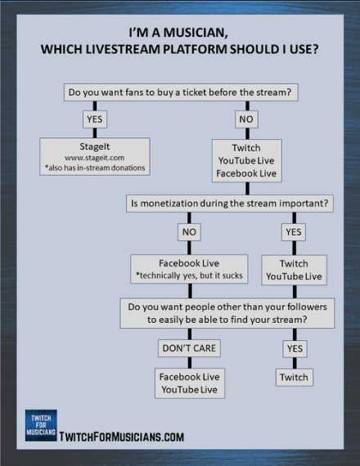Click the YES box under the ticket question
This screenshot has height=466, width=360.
pyautogui.click(x=95, y=119)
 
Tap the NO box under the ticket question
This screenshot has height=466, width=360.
pyautogui.click(x=246, y=119)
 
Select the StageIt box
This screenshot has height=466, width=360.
pyautogui.click(x=95, y=156)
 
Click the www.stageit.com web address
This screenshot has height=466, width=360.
pyautogui.click(x=95, y=158)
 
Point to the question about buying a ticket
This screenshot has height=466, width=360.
pyautogui.click(x=181, y=92)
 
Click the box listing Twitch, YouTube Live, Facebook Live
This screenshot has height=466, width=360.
pyautogui.click(x=246, y=160)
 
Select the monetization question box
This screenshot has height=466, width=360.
pyautogui.click(x=230, y=204)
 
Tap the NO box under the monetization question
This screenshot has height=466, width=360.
pyautogui.click(x=189, y=232)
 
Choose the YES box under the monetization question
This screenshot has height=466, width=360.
pyautogui.click(x=294, y=232)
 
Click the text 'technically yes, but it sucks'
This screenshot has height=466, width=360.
pyautogui.click(x=191, y=276)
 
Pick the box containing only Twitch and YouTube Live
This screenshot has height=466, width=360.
pyautogui.click(x=294, y=270)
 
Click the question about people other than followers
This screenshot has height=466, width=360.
pyautogui.click(x=227, y=313)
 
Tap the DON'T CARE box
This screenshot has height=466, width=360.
pyautogui.click(x=189, y=348)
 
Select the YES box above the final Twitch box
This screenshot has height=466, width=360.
pyautogui.click(x=295, y=348)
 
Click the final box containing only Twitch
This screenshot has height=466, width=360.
pyautogui.click(x=295, y=377)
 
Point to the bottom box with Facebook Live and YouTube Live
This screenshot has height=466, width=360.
pyautogui.click(x=190, y=383)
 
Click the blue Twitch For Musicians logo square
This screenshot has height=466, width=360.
pyautogui.click(x=41, y=425)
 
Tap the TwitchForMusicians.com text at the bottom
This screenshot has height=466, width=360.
pyautogui.click(x=121, y=437)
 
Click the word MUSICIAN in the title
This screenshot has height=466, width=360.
pyautogui.click(x=196, y=33)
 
